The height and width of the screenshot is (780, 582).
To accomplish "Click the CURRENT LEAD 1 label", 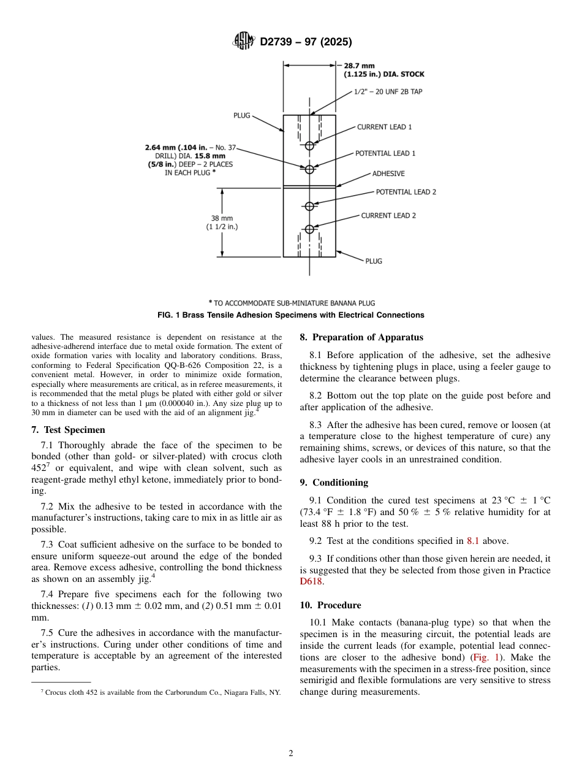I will pos(384,127).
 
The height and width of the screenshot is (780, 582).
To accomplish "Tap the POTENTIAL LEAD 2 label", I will pos(406,192).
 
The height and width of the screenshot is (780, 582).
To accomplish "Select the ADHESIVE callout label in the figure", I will pos(388,174).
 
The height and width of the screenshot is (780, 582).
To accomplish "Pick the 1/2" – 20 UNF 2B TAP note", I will pos(388,91).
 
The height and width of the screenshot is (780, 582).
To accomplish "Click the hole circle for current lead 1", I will pos(309,145).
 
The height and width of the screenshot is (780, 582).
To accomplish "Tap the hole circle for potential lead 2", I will pos(309,205).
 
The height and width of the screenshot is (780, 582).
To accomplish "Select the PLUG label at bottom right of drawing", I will pos(374,261).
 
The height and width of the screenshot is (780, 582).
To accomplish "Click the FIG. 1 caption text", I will pos(290,315).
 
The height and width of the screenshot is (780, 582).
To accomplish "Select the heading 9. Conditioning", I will pos(334,483).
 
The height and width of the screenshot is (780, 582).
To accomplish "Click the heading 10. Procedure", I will pos(330,605).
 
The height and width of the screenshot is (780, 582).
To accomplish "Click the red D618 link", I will pos(311,582).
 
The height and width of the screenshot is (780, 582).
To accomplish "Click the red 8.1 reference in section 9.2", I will pos(473,541).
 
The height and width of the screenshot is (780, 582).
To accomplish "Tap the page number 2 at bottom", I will pos(291,754).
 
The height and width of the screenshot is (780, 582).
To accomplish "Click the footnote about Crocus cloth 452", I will pos(161,692).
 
